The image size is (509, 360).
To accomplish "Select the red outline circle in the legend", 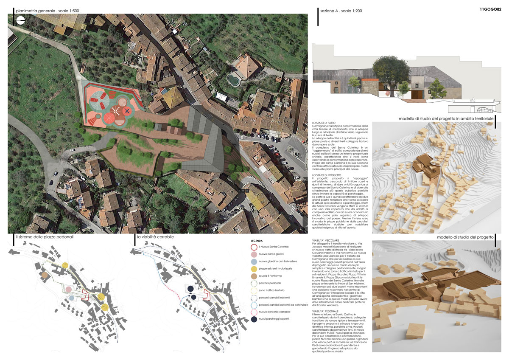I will tap(254, 246).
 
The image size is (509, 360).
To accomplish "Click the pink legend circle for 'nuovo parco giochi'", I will tap(254, 254).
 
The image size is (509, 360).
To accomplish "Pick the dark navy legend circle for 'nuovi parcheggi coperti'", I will tap(254, 319).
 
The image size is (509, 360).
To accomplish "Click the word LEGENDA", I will tap(257, 240).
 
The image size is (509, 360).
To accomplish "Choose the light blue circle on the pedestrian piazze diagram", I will tap(72, 298).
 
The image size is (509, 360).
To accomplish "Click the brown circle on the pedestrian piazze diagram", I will tap(45, 276).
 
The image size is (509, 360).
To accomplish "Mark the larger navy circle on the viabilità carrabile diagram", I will tap(190, 289).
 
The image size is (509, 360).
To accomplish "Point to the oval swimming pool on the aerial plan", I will tap(232, 79).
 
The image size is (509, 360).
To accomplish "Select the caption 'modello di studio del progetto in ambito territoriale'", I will tap(446, 118).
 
